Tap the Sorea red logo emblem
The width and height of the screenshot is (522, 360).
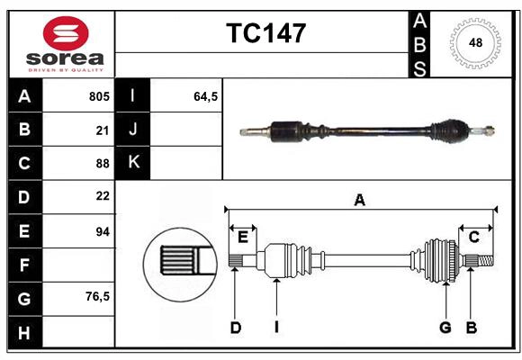point(65,33)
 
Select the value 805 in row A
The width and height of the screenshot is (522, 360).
point(98,96)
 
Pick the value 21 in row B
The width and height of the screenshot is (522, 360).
point(103,130)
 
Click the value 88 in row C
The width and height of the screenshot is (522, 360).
point(103,163)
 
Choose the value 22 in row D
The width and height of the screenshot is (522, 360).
point(103,196)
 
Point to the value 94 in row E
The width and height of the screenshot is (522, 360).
point(103,231)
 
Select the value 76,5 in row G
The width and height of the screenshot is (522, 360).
point(97,297)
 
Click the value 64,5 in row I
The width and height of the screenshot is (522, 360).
point(206,96)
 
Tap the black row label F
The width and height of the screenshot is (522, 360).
point(24,265)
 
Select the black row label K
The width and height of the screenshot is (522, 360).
point(133,163)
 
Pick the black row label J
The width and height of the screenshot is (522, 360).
point(133,130)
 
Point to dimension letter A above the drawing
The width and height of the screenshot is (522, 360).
point(360,200)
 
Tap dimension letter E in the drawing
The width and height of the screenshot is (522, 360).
point(243,237)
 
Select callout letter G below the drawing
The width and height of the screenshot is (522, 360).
point(445,328)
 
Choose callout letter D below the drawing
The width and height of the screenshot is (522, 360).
point(235,328)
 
